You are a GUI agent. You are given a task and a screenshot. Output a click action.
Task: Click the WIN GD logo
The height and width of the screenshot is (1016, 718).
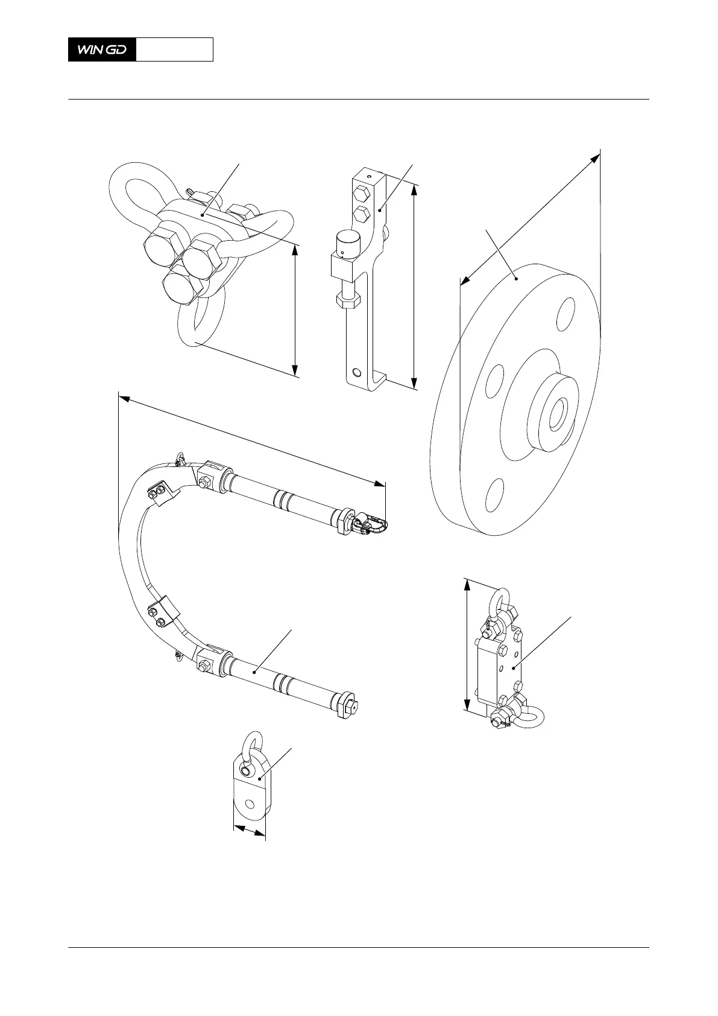[x=102, y=49]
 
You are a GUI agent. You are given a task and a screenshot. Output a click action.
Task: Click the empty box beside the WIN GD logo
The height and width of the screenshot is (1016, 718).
[x=174, y=49]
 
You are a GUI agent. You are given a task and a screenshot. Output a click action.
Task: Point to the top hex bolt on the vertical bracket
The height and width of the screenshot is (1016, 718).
[x=361, y=194]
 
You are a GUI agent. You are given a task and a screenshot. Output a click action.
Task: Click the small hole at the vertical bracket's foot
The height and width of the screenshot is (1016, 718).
[x=358, y=372]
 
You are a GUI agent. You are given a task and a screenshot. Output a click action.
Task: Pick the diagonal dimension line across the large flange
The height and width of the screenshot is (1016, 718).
[x=530, y=217]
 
